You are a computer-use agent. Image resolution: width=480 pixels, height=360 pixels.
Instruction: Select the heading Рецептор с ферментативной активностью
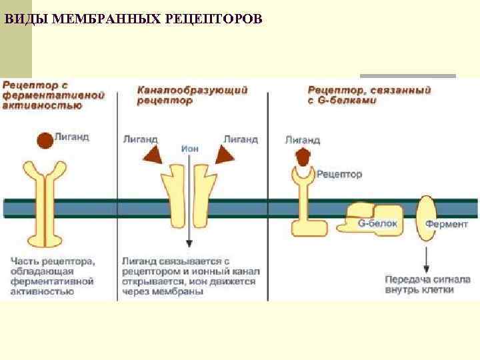53,95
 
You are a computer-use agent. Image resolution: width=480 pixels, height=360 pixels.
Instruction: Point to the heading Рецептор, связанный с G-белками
369,95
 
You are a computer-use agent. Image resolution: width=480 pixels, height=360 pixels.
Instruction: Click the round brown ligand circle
45,140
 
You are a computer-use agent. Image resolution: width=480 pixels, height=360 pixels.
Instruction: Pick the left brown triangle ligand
153,156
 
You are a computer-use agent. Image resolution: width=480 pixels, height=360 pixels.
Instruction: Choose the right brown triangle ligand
225,156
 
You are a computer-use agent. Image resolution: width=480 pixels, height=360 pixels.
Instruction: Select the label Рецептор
339,175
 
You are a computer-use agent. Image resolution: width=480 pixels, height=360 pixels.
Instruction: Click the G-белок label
377,224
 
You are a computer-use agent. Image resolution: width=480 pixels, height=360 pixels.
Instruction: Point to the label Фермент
447,224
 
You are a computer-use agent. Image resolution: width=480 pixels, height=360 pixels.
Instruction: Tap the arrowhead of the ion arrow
189,245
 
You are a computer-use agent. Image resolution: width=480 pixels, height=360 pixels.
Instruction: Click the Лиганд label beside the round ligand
72,137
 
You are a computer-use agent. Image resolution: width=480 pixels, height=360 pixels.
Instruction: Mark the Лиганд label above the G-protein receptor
303,140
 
